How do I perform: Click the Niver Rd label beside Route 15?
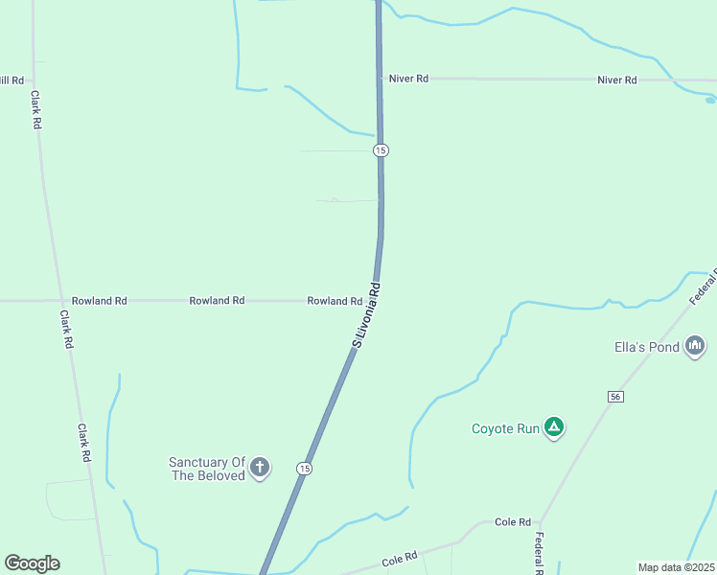click(408, 79)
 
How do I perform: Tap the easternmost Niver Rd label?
click(616, 80)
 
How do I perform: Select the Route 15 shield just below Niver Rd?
click(381, 150)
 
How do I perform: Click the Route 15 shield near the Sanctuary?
click(304, 468)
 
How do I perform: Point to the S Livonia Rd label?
click(367, 315)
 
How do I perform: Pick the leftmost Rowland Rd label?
click(100, 301)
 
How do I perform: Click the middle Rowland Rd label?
click(217, 301)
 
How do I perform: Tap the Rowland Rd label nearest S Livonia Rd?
click(334, 301)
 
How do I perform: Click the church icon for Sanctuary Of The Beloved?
click(259, 468)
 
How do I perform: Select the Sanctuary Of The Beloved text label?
click(207, 469)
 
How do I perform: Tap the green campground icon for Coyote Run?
click(553, 427)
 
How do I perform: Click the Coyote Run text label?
click(506, 429)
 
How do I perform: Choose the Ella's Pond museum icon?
click(696, 346)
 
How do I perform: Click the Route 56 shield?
click(615, 397)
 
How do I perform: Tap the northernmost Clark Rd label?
click(35, 109)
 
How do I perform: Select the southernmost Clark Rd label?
click(84, 443)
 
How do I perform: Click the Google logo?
click(32, 563)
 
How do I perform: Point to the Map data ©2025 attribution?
click(676, 567)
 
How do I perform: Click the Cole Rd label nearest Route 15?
click(400, 557)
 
